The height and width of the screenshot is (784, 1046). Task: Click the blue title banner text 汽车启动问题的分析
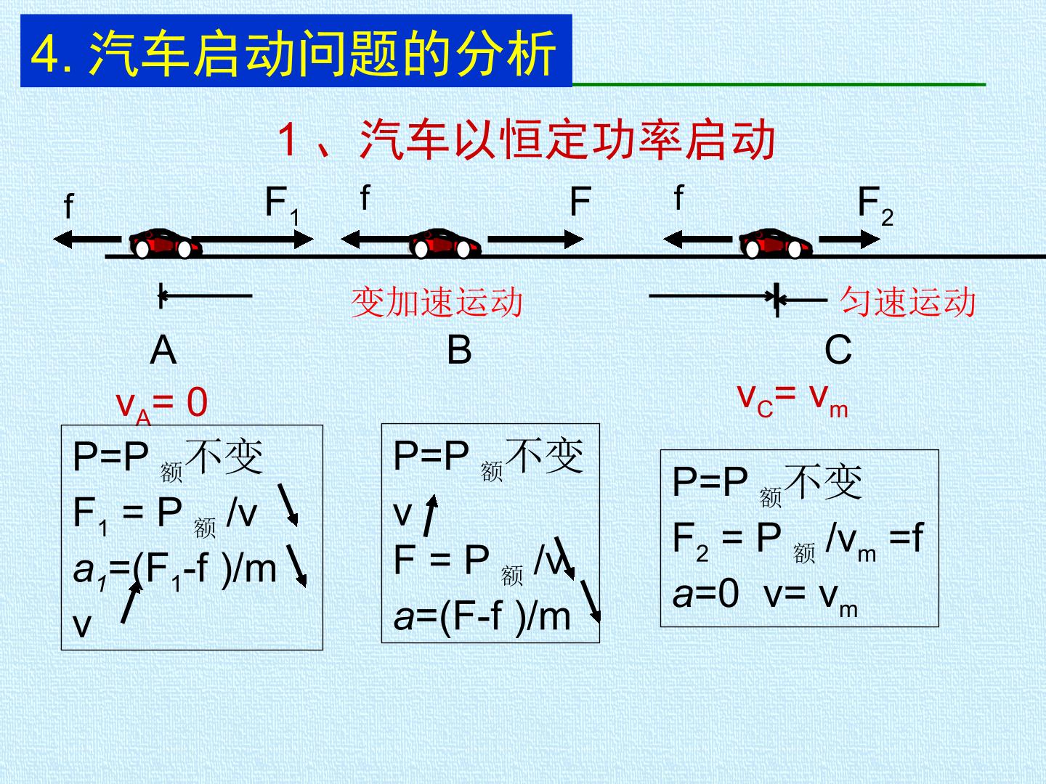[322, 53]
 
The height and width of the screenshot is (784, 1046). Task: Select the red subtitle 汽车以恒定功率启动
[567, 139]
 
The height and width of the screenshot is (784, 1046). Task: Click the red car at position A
[166, 244]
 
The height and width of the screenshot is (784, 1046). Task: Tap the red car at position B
[445, 244]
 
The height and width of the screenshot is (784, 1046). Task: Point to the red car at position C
[776, 244]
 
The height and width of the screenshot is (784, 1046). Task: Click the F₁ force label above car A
[282, 205]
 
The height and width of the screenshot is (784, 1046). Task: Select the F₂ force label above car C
[875, 205]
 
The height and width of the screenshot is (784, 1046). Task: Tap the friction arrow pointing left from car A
[87, 239]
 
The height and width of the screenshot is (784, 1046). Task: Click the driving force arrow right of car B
[535, 239]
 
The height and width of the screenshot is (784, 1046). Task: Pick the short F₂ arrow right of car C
[850, 239]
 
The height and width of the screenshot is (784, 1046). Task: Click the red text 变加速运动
[437, 302]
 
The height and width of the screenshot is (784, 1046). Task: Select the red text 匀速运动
[908, 302]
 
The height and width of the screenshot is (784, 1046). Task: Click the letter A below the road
[163, 350]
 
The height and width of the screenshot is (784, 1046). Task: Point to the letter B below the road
[459, 350]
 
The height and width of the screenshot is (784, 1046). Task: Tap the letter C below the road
[838, 350]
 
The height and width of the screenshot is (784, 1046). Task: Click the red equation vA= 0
[162, 404]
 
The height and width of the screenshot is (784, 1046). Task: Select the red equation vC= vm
[792, 401]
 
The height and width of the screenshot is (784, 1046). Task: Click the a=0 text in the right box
[706, 594]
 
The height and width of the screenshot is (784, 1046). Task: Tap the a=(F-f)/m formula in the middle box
[482, 617]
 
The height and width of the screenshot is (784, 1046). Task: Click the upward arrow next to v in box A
[131, 602]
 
